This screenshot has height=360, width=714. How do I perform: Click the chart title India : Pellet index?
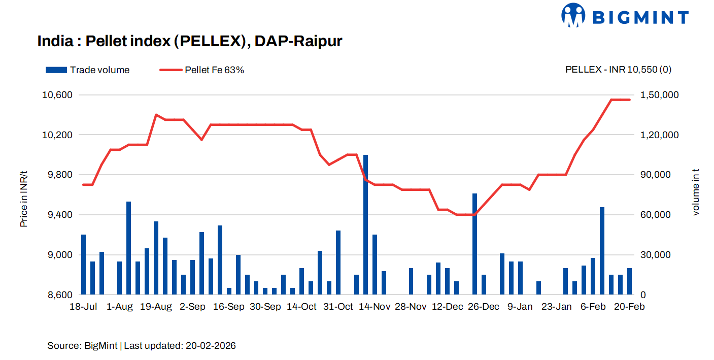190,41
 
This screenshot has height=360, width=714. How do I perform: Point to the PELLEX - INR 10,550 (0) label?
618,70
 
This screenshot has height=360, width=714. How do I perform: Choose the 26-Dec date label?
483,307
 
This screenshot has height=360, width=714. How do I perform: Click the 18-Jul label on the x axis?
83,307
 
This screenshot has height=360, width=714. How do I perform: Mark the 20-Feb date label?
629,307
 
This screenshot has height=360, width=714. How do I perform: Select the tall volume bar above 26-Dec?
475,244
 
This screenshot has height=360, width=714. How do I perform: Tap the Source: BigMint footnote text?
142,346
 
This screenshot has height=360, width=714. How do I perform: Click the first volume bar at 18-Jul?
84,264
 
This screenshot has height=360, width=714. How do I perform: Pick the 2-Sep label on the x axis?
193,307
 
